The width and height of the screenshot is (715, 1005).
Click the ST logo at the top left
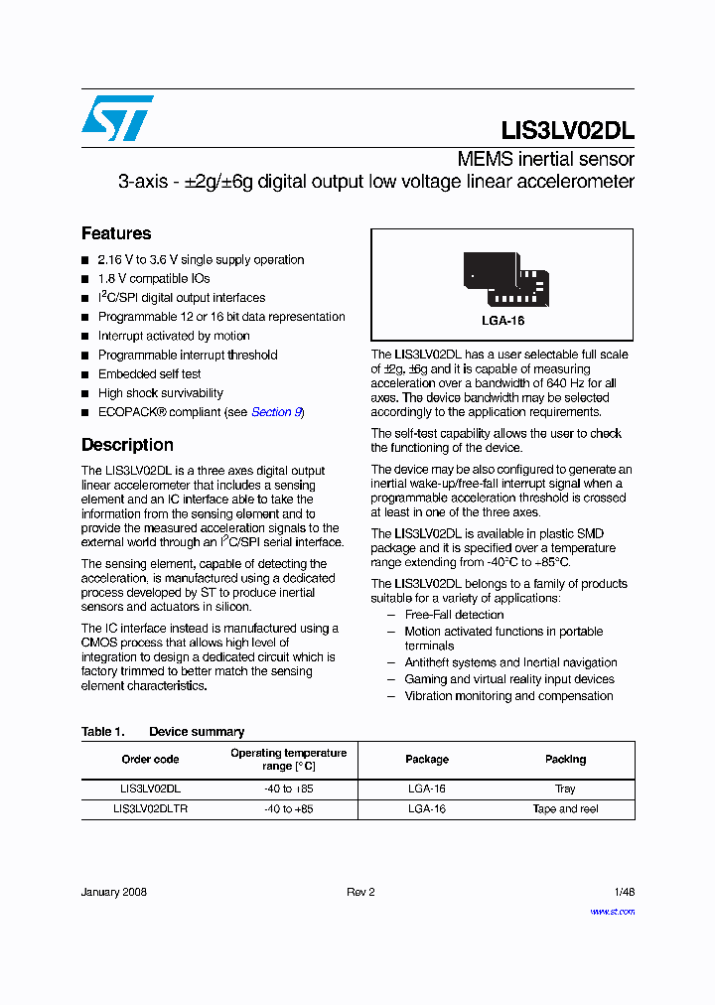117,118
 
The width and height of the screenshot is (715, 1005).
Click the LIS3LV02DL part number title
567,130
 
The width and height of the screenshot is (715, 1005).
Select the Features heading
116,233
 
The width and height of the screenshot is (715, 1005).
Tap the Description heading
127,445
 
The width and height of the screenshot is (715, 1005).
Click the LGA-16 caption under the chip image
502,321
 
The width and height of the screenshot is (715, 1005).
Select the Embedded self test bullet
149,374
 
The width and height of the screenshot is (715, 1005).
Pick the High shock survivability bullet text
160,393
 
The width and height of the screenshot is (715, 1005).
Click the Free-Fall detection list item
454,615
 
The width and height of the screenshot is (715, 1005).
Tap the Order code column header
150,760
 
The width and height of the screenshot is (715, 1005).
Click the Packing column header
565,760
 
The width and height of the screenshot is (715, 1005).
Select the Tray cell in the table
565,789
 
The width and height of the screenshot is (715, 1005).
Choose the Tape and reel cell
565,809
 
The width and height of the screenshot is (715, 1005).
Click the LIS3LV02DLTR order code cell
150,809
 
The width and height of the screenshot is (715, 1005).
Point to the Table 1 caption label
102,732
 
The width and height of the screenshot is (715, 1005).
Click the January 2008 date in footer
113,892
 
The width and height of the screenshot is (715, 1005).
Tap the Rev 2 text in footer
360,892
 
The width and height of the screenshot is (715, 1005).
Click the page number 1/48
623,892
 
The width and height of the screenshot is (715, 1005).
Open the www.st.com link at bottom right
612,912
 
